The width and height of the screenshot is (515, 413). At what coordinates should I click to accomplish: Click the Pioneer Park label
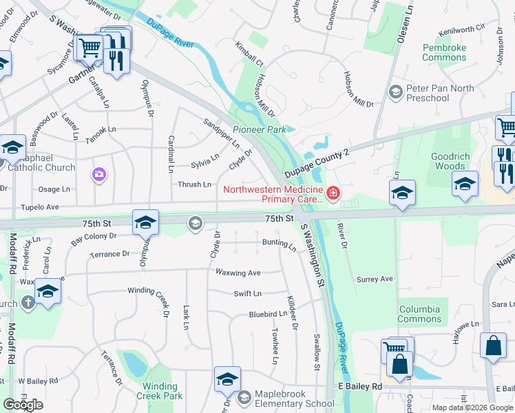tap(259, 129)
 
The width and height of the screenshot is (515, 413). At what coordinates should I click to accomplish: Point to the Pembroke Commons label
tap(444, 52)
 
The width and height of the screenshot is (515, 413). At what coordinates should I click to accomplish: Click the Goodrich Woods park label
tap(450, 161)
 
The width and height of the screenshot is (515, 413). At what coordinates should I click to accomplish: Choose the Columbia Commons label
tap(419, 314)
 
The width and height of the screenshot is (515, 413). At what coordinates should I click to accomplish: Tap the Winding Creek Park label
tap(160, 391)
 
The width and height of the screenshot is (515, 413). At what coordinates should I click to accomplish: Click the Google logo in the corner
tap(23, 405)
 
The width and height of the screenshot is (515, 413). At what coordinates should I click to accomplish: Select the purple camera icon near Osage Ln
tap(99, 174)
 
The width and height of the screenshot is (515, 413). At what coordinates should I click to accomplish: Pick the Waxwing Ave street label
tap(238, 273)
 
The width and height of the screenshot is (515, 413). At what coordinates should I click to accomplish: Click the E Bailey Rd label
tap(357, 387)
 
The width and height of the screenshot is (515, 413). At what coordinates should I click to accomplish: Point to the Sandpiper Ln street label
tap(221, 133)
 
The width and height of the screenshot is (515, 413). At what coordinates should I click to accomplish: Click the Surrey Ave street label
tap(375, 279)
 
